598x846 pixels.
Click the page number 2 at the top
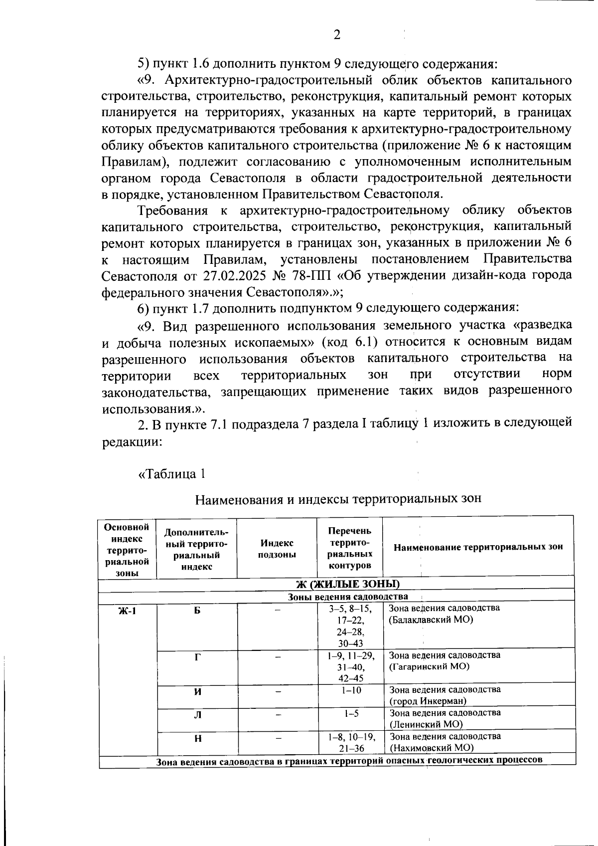337,34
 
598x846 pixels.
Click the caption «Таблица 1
172,473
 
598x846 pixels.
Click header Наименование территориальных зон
478,547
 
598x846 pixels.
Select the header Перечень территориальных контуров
349,548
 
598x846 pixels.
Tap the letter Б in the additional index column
197,610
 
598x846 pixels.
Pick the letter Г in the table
197,657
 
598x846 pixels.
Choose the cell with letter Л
197,715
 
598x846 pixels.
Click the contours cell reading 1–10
351,690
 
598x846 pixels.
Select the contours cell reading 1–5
351,713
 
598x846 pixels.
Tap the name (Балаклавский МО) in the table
431,620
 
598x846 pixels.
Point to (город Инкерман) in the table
428,701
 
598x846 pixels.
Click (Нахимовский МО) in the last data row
431,748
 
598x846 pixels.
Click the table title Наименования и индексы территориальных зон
337,499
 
